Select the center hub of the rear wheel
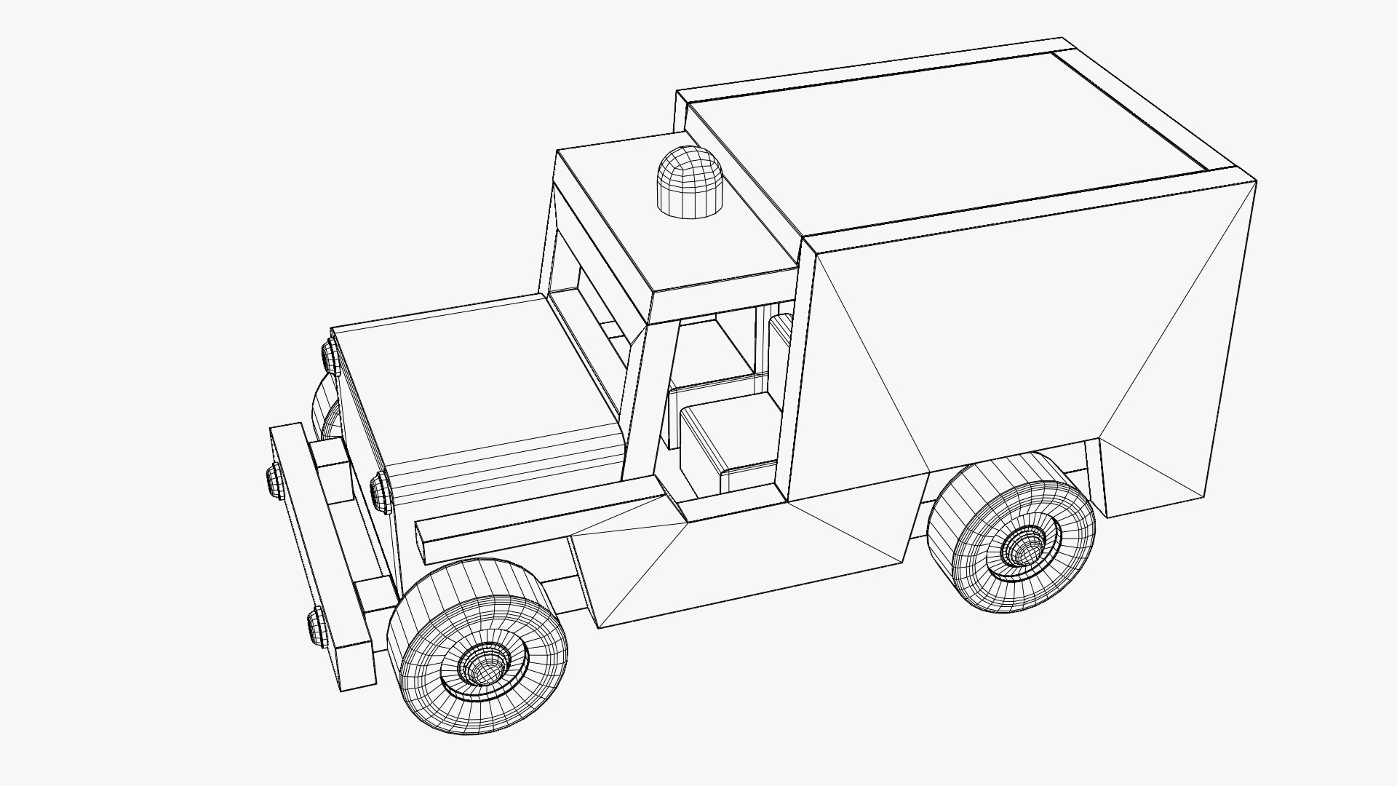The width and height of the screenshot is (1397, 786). coord(1024,544)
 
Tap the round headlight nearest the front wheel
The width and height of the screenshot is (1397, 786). coord(380,489)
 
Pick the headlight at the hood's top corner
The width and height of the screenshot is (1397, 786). coord(330,357)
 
